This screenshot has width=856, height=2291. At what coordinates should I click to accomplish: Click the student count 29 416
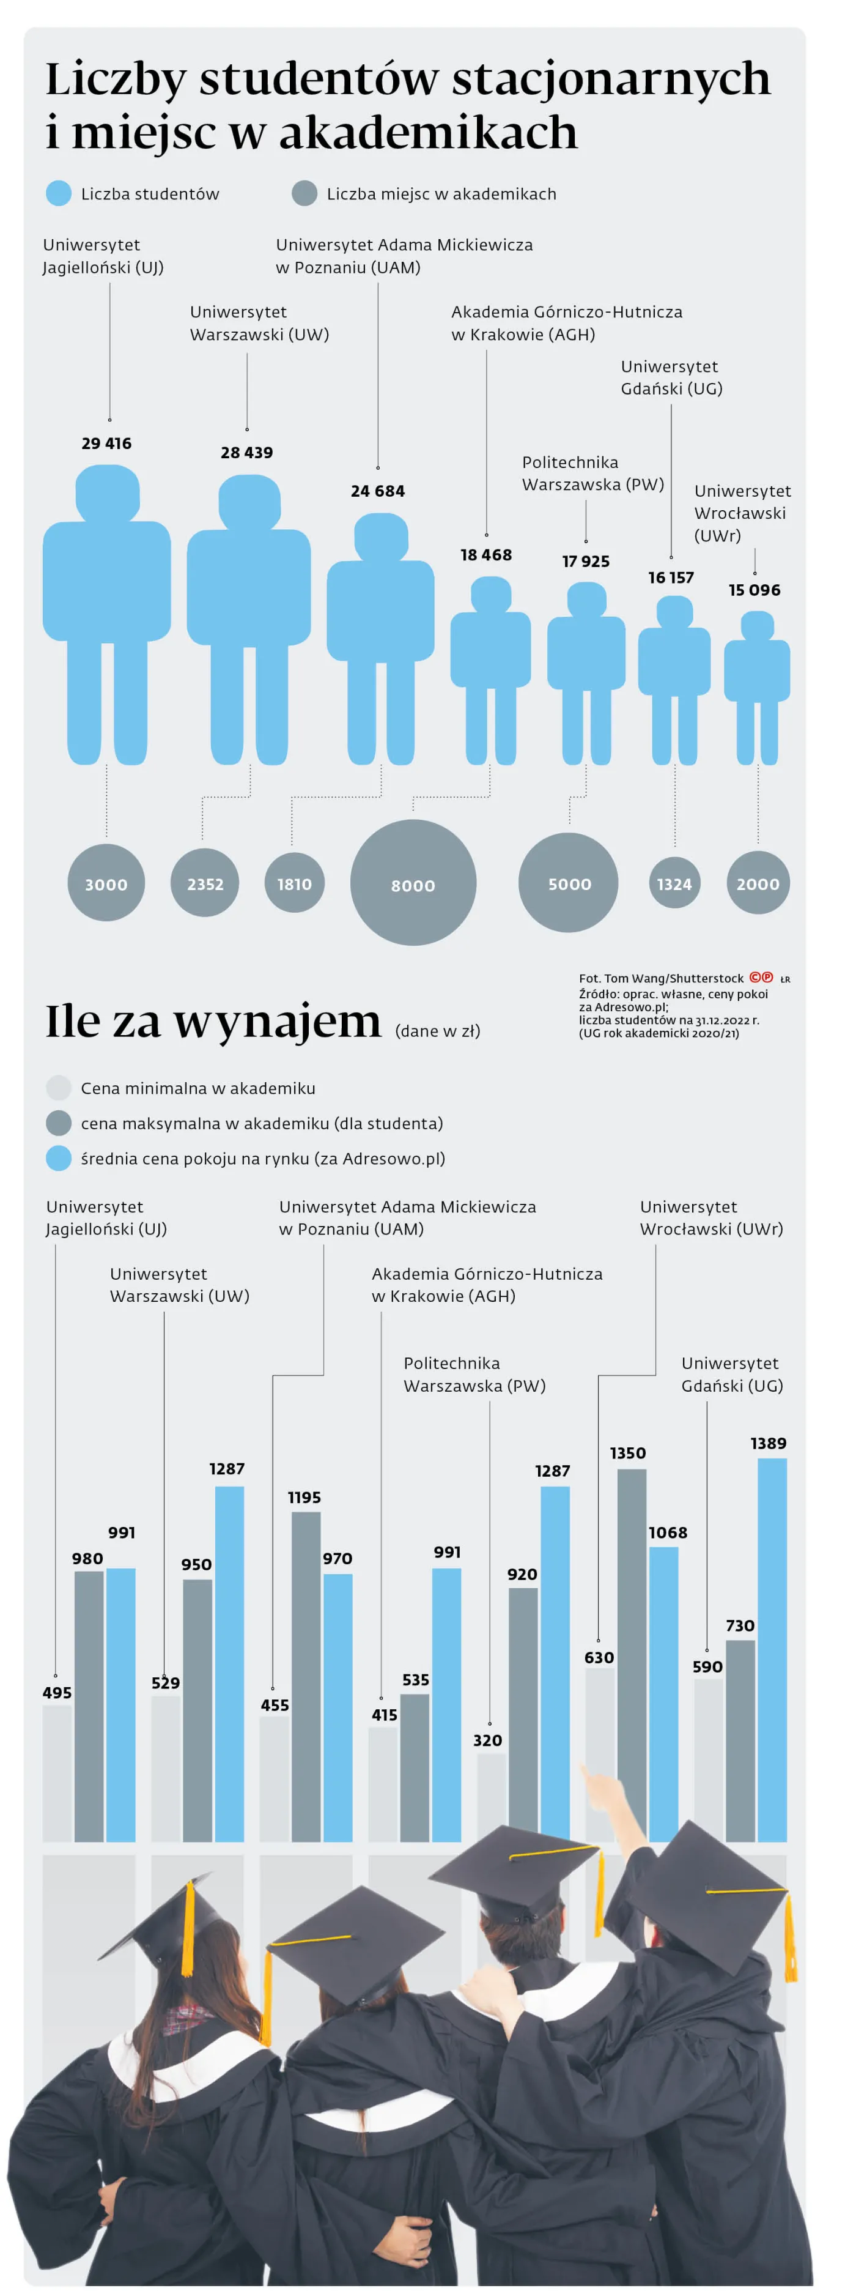pyautogui.click(x=106, y=443)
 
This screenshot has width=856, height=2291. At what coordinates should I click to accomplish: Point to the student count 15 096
pyautogui.click(x=754, y=590)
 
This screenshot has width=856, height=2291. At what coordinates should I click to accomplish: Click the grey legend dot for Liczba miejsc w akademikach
pyautogui.click(x=304, y=193)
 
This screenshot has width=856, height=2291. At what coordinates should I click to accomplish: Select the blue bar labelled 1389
pyautogui.click(x=772, y=1646)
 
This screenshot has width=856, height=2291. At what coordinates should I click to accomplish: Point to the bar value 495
pyautogui.click(x=57, y=1693)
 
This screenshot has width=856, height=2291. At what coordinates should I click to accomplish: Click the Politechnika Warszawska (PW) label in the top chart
pyautogui.click(x=592, y=473)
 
